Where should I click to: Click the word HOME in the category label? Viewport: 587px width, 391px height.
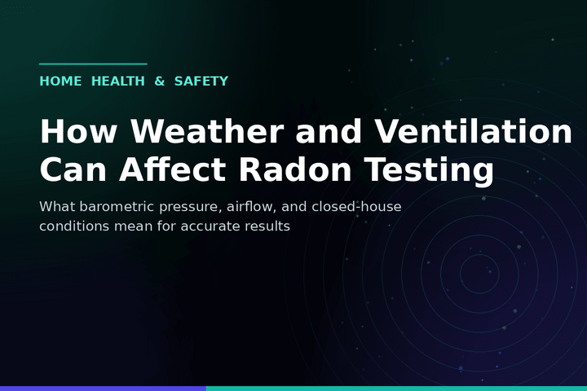point(60,81)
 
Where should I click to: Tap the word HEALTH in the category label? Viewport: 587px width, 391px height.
point(118,81)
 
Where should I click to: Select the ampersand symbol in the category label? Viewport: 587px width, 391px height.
point(160,81)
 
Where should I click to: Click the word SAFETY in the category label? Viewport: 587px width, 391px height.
point(201,81)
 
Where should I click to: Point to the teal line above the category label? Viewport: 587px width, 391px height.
point(93,64)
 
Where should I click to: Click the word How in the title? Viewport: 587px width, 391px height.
point(78,131)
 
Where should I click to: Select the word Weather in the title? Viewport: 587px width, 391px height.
point(207,131)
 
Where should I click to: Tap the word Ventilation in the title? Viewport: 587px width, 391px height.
point(474,131)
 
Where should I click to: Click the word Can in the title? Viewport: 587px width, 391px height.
point(73,169)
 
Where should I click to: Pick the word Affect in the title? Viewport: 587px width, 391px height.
point(173,169)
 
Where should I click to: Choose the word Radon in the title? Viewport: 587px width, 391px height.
point(295,169)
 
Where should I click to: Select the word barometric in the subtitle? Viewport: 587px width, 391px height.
point(117,207)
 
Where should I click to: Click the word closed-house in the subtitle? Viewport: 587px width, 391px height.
point(356,207)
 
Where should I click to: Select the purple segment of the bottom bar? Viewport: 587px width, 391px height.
point(103,389)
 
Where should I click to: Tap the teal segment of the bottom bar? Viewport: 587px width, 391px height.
point(396,389)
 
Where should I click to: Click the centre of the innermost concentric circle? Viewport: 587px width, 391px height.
point(479,274)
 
